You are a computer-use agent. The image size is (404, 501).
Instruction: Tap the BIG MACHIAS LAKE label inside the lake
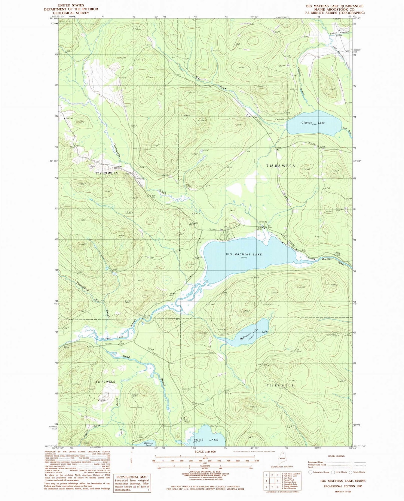click(244, 254)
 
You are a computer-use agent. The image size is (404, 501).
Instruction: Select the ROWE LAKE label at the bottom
click(206, 440)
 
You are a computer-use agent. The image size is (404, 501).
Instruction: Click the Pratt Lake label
click(115, 338)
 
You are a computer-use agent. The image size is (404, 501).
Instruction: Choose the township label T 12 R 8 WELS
click(281, 166)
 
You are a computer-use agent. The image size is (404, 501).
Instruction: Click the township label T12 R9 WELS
click(107, 173)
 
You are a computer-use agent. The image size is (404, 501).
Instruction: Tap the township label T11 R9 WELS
click(105, 382)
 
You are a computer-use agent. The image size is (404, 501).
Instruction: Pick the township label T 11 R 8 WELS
click(280, 385)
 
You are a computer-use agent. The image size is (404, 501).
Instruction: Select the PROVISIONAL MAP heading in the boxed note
click(132, 477)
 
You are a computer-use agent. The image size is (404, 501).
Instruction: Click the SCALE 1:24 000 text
click(205, 452)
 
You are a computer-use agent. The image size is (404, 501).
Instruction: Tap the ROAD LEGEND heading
click(336, 456)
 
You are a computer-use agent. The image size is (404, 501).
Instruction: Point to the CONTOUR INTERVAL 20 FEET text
click(205, 471)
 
